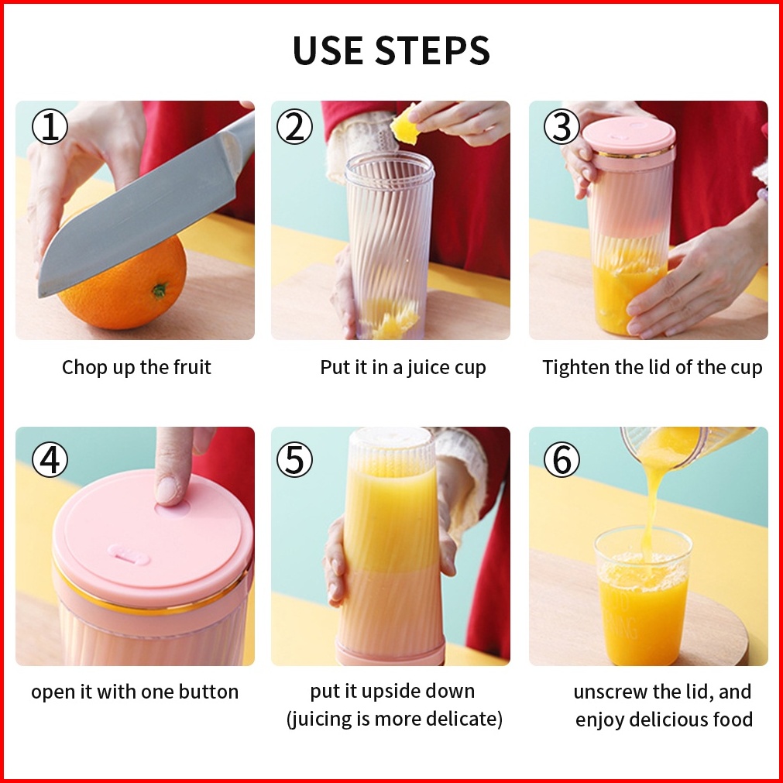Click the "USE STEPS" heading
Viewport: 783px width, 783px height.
pos(391,50)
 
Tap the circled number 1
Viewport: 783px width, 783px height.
pos(50,127)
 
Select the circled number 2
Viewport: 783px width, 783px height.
pos(294,127)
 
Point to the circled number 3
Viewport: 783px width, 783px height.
pos(561,127)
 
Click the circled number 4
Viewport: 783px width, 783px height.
pos(50,459)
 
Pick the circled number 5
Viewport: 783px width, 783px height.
pos(294,459)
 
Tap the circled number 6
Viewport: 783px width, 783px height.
pos(561,459)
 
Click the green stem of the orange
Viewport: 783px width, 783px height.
pos(160,290)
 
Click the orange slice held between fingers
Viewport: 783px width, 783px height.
pos(404,126)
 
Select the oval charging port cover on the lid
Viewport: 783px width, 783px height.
pos(129,555)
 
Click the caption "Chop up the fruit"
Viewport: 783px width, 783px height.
pos(136,368)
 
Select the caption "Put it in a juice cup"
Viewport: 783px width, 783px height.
pos(403,368)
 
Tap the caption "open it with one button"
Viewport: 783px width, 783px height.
pos(135,692)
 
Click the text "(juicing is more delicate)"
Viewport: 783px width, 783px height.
pos(394,719)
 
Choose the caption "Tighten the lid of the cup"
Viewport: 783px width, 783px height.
pos(652,368)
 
